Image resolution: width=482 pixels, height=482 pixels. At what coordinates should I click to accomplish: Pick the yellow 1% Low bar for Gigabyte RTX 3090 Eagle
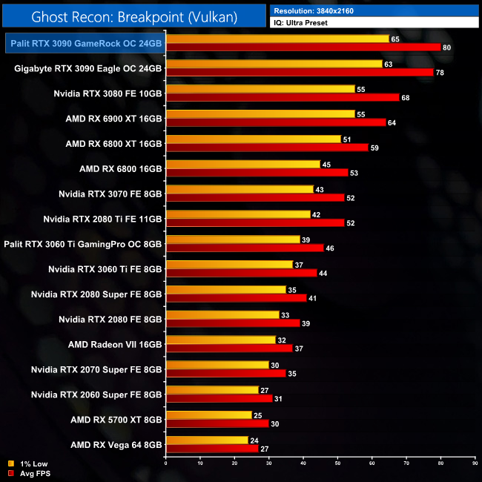(274, 64)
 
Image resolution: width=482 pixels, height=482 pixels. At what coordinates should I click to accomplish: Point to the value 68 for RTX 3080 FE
(405, 98)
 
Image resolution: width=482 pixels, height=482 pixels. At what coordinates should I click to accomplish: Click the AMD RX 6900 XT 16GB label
(113, 118)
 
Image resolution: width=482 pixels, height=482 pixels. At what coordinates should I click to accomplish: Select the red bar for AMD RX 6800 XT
(268, 148)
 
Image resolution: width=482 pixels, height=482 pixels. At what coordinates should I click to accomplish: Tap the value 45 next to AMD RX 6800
(326, 165)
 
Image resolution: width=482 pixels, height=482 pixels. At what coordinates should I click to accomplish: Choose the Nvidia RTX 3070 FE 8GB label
(110, 194)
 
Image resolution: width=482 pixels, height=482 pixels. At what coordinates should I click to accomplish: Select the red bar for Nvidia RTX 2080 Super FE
(237, 299)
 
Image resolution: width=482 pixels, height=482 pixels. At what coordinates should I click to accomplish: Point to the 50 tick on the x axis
(337, 464)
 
